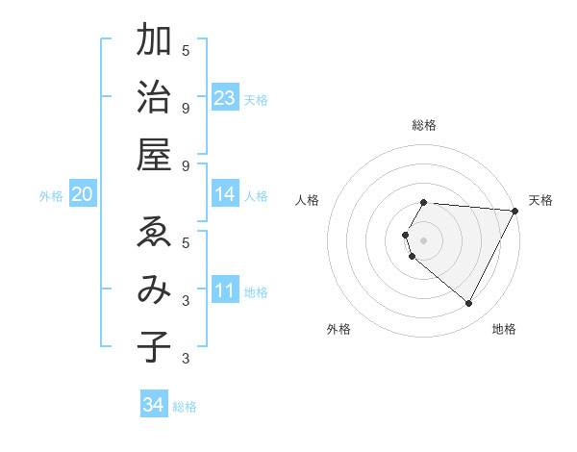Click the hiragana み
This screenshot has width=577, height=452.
click(154, 289)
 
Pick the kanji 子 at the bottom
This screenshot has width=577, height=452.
click(154, 346)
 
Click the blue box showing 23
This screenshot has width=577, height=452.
click(225, 98)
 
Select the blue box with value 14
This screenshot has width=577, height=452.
click(225, 194)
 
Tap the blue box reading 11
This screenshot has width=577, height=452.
click(225, 290)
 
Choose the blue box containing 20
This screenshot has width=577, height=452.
click(83, 195)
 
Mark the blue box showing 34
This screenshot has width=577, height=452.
click(154, 405)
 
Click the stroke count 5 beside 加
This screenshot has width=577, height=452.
click(186, 51)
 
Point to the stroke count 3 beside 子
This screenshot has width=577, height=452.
click(186, 360)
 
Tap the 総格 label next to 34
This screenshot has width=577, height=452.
click(185, 407)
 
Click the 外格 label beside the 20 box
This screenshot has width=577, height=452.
click(51, 196)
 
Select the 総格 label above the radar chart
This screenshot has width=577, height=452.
click(424, 125)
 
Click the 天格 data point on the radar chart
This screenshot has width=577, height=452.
click(514, 211)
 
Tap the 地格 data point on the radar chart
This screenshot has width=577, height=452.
click(469, 304)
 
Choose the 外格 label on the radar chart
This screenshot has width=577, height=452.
click(339, 330)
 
